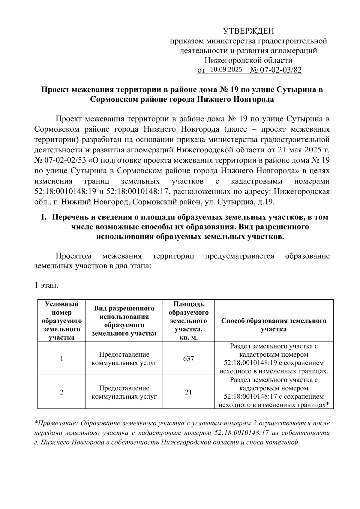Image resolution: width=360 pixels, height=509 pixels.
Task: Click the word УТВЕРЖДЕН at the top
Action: pyautogui.click(x=249, y=31)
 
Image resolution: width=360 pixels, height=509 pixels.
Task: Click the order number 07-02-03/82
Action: pyautogui.click(x=280, y=70)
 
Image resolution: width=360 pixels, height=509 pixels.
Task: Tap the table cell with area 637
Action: pyautogui.click(x=188, y=358)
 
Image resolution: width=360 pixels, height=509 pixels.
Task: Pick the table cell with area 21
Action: pyautogui.click(x=188, y=392)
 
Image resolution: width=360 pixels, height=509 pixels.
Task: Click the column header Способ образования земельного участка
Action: pyautogui.click(x=274, y=325)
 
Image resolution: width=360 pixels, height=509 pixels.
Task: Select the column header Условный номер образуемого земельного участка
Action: pyautogui.click(x=61, y=321)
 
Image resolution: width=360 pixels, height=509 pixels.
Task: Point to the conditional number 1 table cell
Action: pyautogui.click(x=61, y=358)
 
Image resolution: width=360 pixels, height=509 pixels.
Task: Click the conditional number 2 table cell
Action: pyautogui.click(x=61, y=392)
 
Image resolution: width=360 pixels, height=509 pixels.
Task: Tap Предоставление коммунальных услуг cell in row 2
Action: pyautogui.click(x=124, y=392)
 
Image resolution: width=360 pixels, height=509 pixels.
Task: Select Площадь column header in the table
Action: pyautogui.click(x=188, y=304)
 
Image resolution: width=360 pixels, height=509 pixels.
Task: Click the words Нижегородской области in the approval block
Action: pyautogui.click(x=248, y=60)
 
